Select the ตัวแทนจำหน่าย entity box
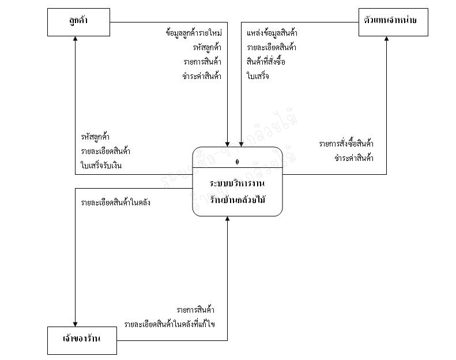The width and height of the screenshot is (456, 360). [x=390, y=22]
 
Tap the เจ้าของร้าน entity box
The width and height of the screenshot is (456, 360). [x=82, y=339]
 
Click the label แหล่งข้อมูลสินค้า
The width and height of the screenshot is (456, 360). [x=272, y=33]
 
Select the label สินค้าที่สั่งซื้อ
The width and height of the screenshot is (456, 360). [x=266, y=62]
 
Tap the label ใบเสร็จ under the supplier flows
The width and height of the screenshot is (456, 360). [x=258, y=76]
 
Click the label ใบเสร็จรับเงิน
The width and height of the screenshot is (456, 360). [x=101, y=166]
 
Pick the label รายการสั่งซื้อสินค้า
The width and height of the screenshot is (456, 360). [x=346, y=144]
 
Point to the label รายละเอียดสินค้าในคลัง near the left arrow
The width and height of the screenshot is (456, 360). [x=116, y=203]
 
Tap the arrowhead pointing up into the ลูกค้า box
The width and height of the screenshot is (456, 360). [x=76, y=39]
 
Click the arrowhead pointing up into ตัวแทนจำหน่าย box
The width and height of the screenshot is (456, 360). [x=386, y=39]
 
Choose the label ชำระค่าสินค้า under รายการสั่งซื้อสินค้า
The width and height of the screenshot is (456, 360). [x=353, y=157]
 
